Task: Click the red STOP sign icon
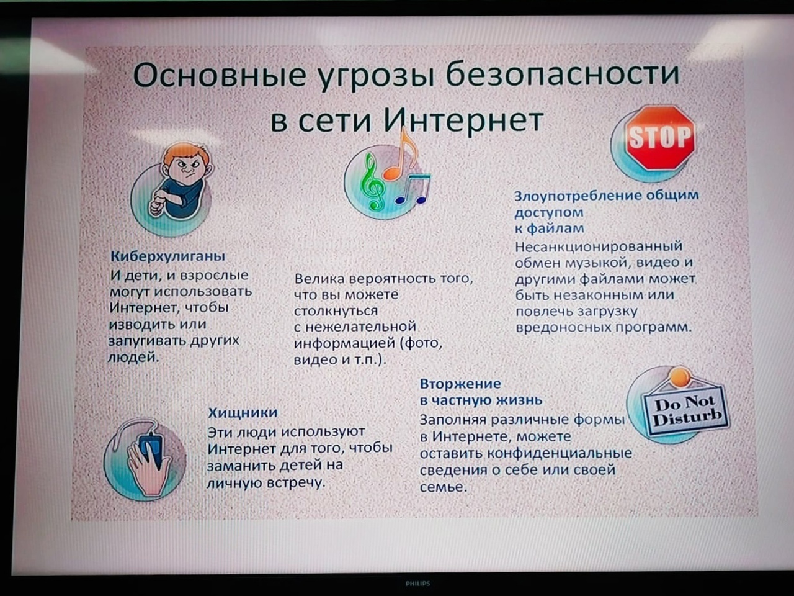coord(661,137)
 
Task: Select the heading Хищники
coord(243,412)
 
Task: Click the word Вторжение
coord(460,384)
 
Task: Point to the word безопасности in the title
coord(563,73)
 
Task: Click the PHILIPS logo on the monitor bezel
coord(418,584)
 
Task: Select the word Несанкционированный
coord(599,246)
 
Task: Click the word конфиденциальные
coord(560,453)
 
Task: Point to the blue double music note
coord(414,189)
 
